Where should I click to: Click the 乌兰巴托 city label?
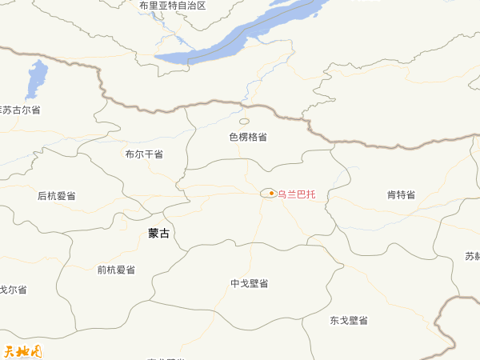296,194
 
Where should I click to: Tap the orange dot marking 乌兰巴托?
271,193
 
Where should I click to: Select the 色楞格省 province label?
248,137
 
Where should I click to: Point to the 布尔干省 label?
144,154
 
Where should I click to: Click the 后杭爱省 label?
57,195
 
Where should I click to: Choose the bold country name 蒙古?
159,233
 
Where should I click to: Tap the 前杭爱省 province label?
116,270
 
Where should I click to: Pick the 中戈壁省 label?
249,283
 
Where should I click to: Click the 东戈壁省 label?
349,320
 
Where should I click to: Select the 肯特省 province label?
402,194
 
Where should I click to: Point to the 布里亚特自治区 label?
172,6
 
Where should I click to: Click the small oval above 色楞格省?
244,122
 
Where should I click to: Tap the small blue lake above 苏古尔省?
36,78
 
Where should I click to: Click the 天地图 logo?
22,350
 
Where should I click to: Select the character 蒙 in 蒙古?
154,233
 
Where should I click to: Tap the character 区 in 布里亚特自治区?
201,6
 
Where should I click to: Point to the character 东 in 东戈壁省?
334,320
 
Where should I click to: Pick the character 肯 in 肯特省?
392,194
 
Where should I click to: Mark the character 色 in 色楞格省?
234,137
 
